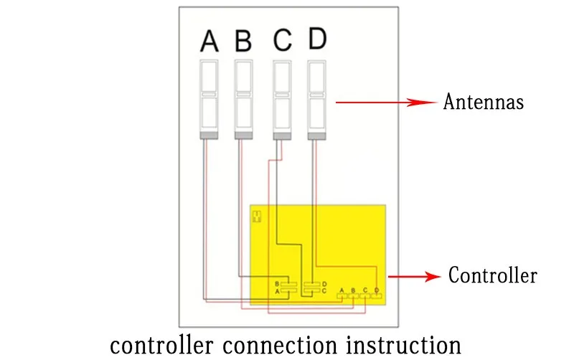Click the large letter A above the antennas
(210, 41)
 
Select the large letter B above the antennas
(243, 41)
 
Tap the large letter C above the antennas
(282, 39)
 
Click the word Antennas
(483, 101)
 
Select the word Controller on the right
(493, 275)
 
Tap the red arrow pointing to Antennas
(386, 103)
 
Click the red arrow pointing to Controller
(415, 277)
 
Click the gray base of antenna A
(209, 136)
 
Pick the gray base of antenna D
(316, 136)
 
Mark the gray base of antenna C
(282, 136)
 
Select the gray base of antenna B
(243, 136)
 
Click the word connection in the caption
(280, 346)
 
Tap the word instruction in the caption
(404, 346)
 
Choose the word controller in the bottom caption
(161, 346)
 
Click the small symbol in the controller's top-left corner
(257, 217)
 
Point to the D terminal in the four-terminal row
(376, 295)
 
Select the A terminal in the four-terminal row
(342, 295)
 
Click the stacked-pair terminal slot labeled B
(289, 284)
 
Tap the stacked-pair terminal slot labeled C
(312, 291)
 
